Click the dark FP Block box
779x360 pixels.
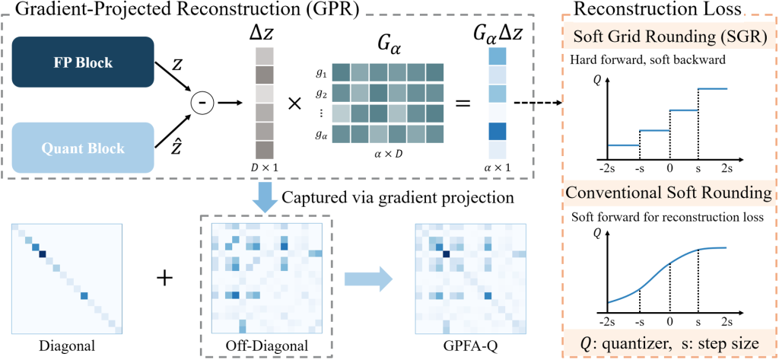point(84,62)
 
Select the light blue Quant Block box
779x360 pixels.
point(84,148)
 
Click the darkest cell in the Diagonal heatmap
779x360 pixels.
point(43,255)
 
